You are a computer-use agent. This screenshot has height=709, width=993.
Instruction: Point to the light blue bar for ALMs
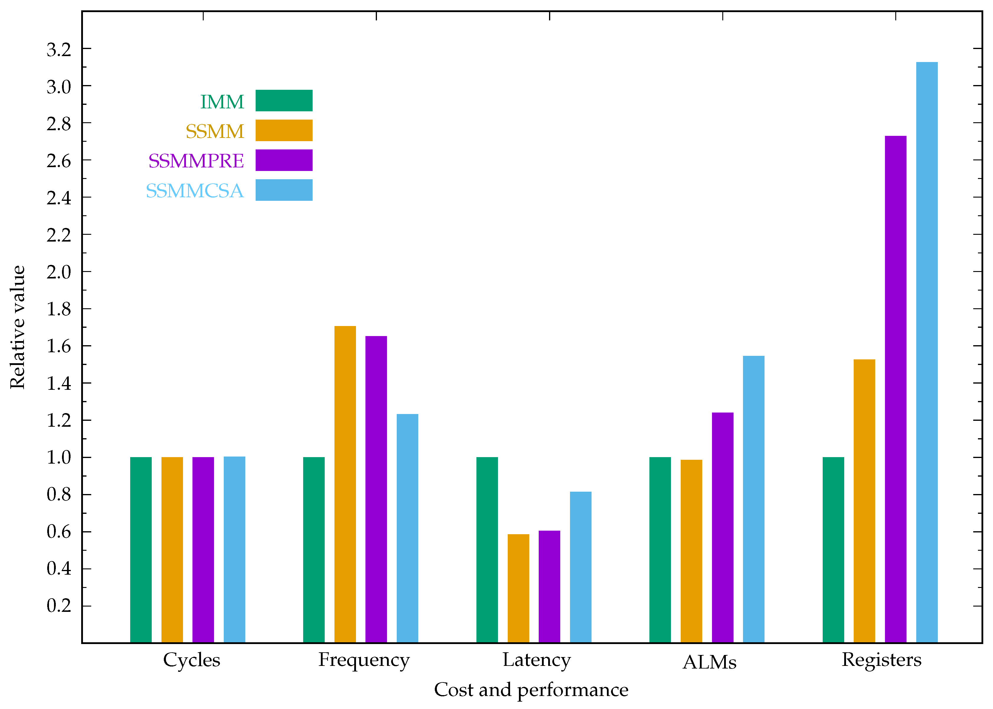click(754, 499)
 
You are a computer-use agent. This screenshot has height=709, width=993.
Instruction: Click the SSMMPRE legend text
click(196, 161)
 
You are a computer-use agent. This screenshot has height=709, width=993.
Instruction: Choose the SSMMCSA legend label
click(195, 191)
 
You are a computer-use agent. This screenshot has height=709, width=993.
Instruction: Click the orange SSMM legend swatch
click(284, 131)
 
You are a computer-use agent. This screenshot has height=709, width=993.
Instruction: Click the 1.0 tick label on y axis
click(59, 457)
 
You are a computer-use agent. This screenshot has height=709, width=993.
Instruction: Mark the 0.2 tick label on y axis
click(59, 606)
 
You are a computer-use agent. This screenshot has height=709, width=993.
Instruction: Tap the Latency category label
click(536, 660)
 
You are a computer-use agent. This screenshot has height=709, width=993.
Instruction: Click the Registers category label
click(881, 660)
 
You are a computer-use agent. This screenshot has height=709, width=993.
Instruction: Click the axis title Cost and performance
click(531, 690)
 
